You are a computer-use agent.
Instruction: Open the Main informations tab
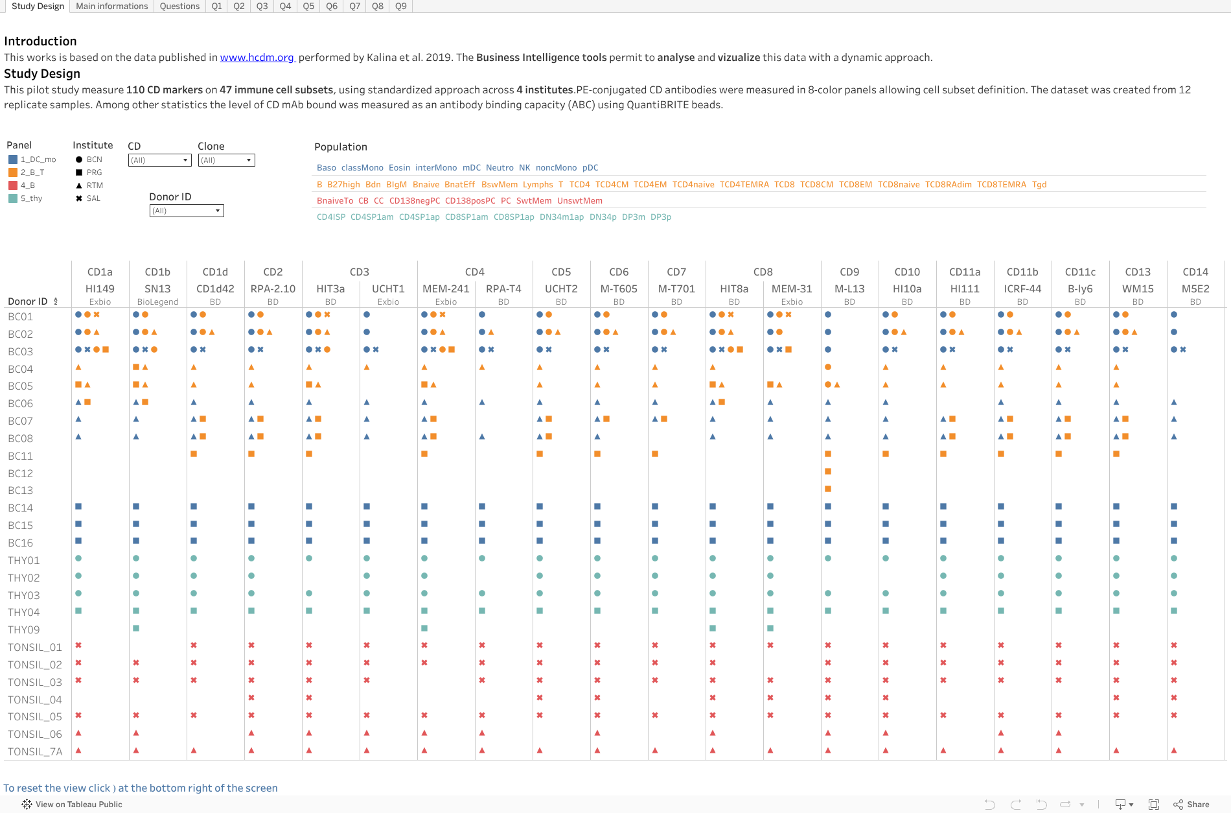click(x=111, y=6)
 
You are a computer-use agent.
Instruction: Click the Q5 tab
click(x=308, y=6)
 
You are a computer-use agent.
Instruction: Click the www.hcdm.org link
click(x=257, y=58)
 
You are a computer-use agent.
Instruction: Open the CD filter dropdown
click(x=159, y=160)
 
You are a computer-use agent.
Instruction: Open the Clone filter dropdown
click(x=226, y=160)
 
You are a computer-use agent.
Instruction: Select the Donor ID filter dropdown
click(x=187, y=211)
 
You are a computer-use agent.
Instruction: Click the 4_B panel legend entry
click(x=27, y=185)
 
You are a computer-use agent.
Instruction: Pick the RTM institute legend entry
click(x=95, y=185)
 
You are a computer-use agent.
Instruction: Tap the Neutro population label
click(x=500, y=168)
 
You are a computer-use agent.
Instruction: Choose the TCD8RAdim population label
click(x=948, y=185)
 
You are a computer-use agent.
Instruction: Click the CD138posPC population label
click(x=470, y=201)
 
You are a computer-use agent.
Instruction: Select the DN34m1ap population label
click(x=561, y=217)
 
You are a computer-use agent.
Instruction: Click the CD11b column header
click(x=1022, y=272)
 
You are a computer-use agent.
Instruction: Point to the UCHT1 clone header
click(x=388, y=289)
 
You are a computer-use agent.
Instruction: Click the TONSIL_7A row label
click(x=35, y=752)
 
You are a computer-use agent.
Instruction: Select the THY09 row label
click(x=24, y=630)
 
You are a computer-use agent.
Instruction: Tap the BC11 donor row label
click(x=21, y=456)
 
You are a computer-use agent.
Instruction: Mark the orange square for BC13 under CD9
click(x=828, y=489)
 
